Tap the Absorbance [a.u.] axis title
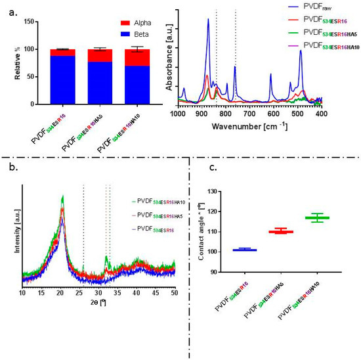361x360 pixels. pyautogui.click(x=169, y=63)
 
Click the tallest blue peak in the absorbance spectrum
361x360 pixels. pyautogui.click(x=208, y=20)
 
